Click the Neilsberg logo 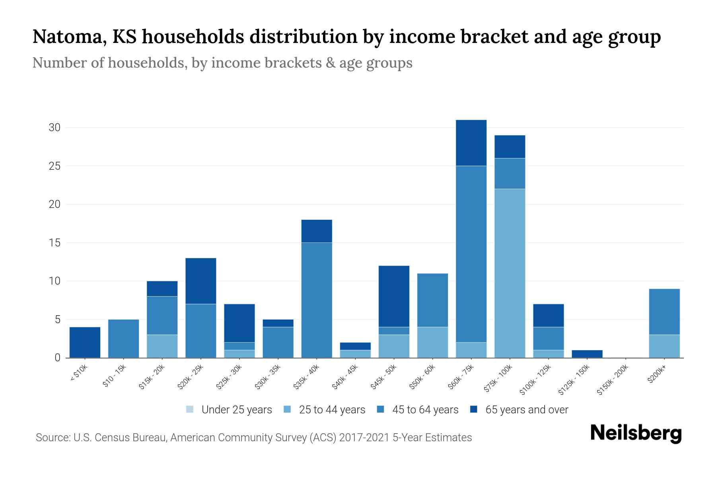636,433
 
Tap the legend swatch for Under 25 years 190,409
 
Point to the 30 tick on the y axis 54,128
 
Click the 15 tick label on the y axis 54,242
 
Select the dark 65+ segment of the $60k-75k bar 471,143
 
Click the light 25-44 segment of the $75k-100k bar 510,273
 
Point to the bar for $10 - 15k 123,338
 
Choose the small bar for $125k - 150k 587,354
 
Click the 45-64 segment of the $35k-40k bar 317,300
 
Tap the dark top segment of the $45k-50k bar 394,296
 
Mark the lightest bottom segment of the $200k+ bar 664,346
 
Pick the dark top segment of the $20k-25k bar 200,281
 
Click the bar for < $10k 85,342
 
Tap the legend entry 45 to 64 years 425,409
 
